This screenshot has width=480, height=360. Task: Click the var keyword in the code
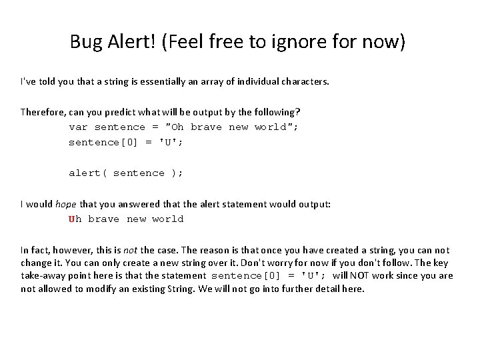(x=79, y=127)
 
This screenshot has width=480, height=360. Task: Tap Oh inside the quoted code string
(x=178, y=127)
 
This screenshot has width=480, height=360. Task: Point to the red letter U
(x=72, y=219)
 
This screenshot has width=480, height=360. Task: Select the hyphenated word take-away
(x=45, y=275)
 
